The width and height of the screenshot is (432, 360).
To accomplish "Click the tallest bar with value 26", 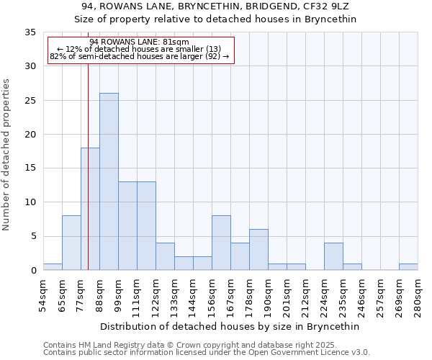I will point(109,181).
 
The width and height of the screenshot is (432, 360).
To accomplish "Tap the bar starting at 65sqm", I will point(71,243).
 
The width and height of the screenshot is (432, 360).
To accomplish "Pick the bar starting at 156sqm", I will point(221,243).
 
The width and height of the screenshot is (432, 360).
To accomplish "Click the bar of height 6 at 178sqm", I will point(258,250).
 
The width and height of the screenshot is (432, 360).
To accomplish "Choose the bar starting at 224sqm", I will point(333,256).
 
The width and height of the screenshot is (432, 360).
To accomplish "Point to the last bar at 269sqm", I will point(408,267).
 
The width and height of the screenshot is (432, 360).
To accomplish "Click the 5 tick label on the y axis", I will point(32,237).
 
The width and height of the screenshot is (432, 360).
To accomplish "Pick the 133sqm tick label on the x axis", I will point(174,297).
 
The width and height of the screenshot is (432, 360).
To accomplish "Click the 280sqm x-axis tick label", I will point(418,297).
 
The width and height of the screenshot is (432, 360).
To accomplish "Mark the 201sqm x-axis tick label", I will point(287,297).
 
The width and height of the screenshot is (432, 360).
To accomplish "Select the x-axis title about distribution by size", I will point(230,326).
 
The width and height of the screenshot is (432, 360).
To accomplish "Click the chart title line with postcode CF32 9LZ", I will point(215,6).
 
